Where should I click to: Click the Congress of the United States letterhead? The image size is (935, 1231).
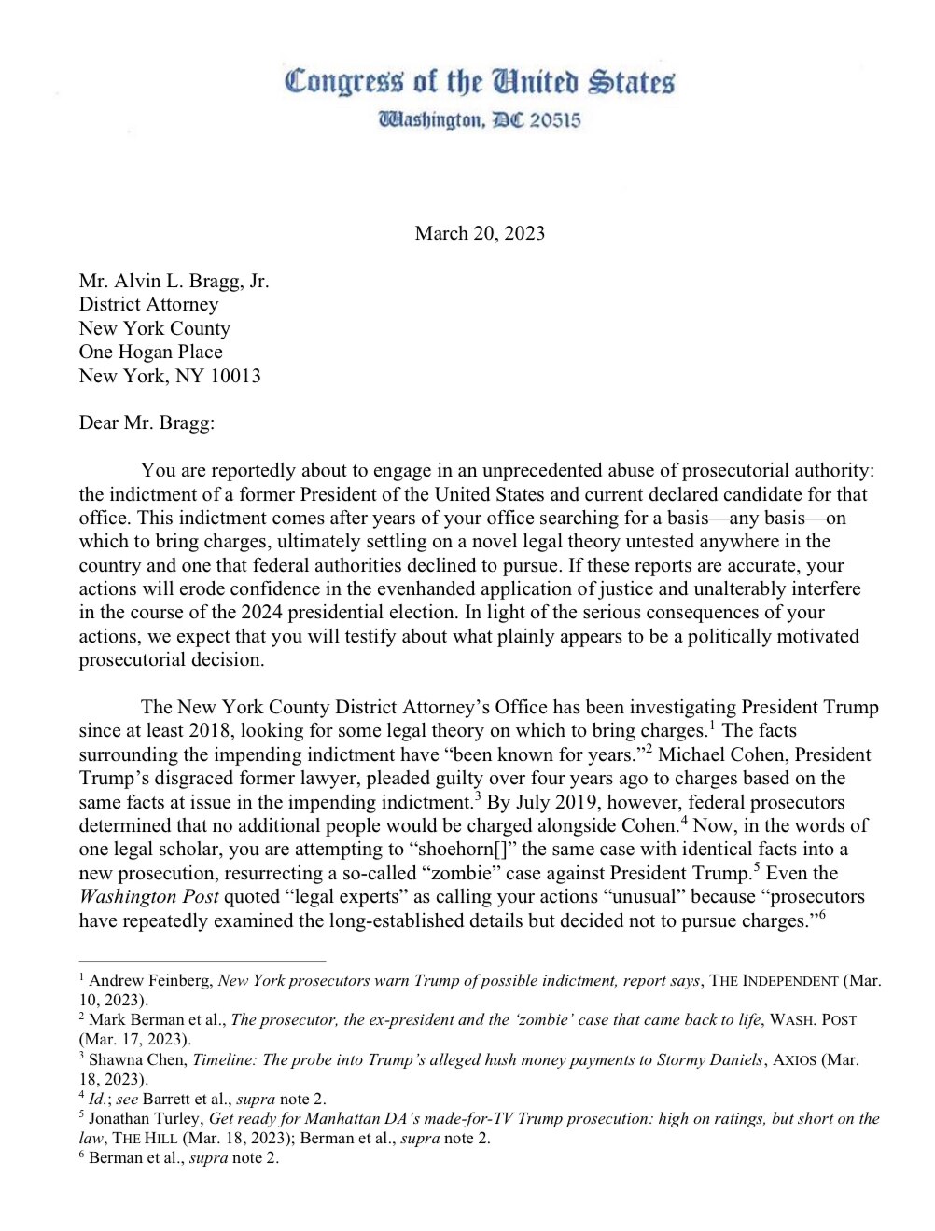(480, 82)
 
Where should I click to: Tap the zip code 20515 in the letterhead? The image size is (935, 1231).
(555, 120)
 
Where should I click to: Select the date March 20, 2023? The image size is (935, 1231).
(480, 233)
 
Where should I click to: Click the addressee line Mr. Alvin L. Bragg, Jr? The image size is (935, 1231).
(174, 281)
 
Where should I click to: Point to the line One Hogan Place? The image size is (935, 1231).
(150, 352)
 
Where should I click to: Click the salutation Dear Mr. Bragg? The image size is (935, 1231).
(147, 422)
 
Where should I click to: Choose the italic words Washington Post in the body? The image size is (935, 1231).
(148, 897)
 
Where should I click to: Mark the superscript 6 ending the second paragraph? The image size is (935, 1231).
(822, 915)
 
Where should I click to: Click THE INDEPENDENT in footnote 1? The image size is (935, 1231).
(774, 981)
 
